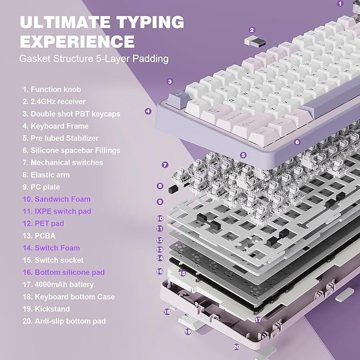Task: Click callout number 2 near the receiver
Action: pos(252,30)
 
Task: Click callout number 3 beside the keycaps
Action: pos(170,82)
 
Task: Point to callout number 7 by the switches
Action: pos(165,165)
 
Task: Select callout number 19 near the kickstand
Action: pos(187,332)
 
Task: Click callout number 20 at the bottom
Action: pos(236,347)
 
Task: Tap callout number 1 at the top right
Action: pos(340,3)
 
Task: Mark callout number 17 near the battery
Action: pos(258,320)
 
